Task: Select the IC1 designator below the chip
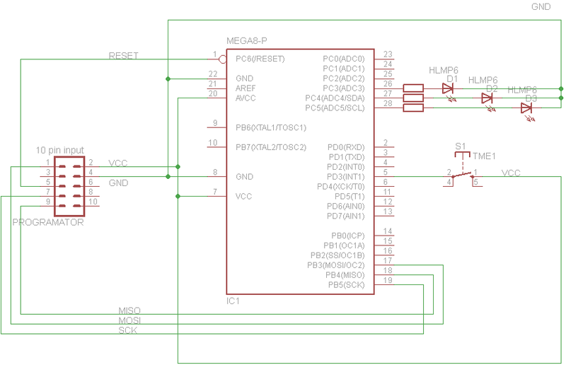(x=233, y=301)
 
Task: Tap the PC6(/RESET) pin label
(x=260, y=59)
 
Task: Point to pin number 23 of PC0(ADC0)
(x=388, y=54)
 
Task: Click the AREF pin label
(x=247, y=88)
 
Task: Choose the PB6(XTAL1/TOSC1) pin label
(x=270, y=127)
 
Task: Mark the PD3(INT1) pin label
(x=346, y=176)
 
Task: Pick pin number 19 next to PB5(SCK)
(x=388, y=281)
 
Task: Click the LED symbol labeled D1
(x=447, y=88)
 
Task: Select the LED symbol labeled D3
(x=526, y=108)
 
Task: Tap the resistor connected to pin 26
(x=413, y=88)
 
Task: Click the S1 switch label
(x=461, y=146)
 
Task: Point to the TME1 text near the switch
(x=485, y=156)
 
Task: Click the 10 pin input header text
(x=59, y=150)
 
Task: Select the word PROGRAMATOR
(x=48, y=223)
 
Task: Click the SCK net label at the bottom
(x=128, y=330)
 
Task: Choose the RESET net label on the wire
(x=123, y=55)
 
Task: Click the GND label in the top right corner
(x=542, y=6)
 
